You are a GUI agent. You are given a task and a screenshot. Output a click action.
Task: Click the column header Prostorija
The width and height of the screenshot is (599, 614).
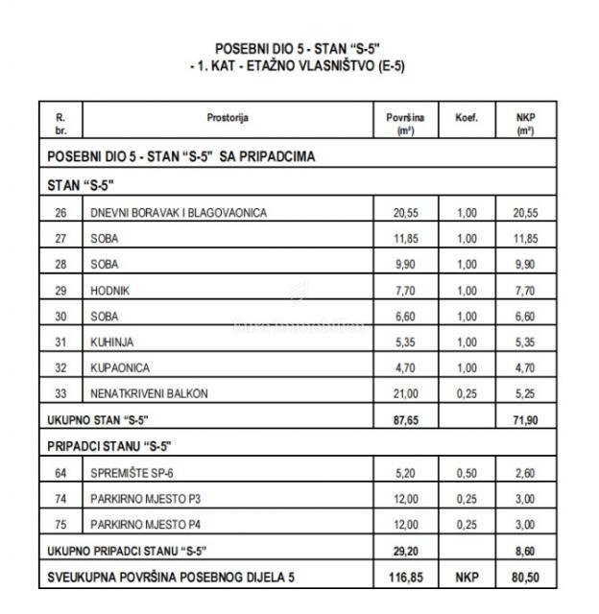(228, 117)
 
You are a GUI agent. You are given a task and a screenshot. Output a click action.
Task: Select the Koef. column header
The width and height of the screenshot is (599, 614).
(467, 117)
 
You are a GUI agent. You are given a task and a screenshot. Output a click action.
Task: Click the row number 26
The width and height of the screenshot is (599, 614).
(61, 212)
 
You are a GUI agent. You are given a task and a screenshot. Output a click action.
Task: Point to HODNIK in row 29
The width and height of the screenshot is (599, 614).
(109, 290)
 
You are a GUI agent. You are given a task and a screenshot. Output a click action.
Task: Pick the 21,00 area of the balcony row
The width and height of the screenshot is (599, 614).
(405, 393)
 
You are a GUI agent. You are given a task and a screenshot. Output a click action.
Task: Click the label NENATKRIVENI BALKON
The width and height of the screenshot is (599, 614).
(148, 393)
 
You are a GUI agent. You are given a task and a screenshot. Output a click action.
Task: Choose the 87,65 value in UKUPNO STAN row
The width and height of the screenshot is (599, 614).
(405, 420)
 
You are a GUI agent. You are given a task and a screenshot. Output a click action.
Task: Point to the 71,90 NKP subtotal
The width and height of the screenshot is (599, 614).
(524, 420)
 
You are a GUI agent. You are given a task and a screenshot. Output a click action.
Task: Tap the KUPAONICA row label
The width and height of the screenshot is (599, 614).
(119, 367)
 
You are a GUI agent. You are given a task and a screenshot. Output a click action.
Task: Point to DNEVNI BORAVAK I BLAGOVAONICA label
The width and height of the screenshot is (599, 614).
(178, 212)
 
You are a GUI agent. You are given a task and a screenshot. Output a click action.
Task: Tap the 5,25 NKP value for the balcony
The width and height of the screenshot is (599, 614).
(524, 393)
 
